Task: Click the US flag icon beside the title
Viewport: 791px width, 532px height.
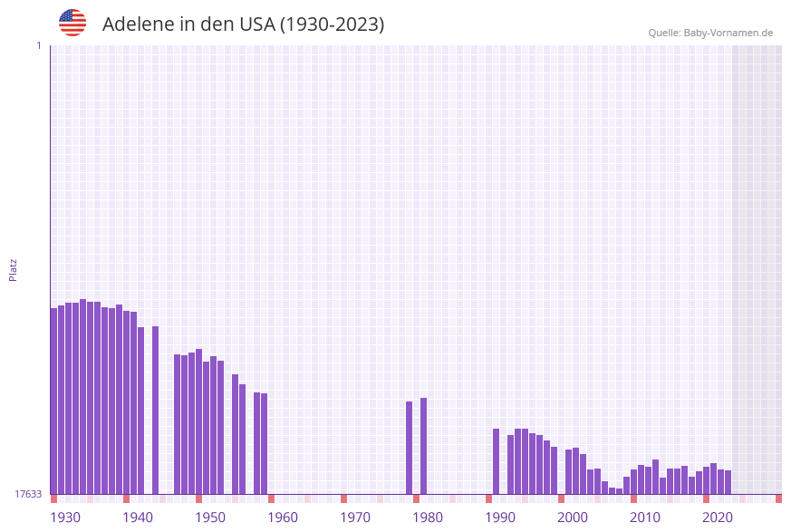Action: click(x=72, y=23)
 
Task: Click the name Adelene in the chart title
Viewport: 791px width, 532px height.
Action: click(x=137, y=24)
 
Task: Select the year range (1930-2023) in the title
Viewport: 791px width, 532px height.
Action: click(x=332, y=24)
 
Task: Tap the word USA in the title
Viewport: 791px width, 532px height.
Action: click(x=256, y=24)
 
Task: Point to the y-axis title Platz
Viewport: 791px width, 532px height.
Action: click(x=13, y=269)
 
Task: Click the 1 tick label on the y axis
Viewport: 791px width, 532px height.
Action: click(x=38, y=45)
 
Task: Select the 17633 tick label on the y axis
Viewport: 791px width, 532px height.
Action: click(x=28, y=494)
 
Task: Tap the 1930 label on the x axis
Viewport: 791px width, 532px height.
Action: click(x=65, y=517)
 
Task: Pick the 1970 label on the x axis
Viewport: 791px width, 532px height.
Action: click(x=355, y=517)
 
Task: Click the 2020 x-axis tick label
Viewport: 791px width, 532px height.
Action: click(x=718, y=517)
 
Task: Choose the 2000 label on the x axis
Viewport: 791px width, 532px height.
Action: click(x=573, y=517)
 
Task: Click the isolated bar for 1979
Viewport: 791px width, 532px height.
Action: click(x=409, y=448)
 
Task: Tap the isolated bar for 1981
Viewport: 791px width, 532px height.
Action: click(x=423, y=446)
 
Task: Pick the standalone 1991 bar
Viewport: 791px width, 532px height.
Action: click(x=496, y=461)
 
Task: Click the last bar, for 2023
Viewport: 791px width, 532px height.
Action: click(x=728, y=482)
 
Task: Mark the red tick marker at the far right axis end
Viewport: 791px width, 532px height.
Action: click(x=778, y=498)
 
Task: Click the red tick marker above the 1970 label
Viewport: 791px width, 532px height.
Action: click(x=343, y=498)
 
